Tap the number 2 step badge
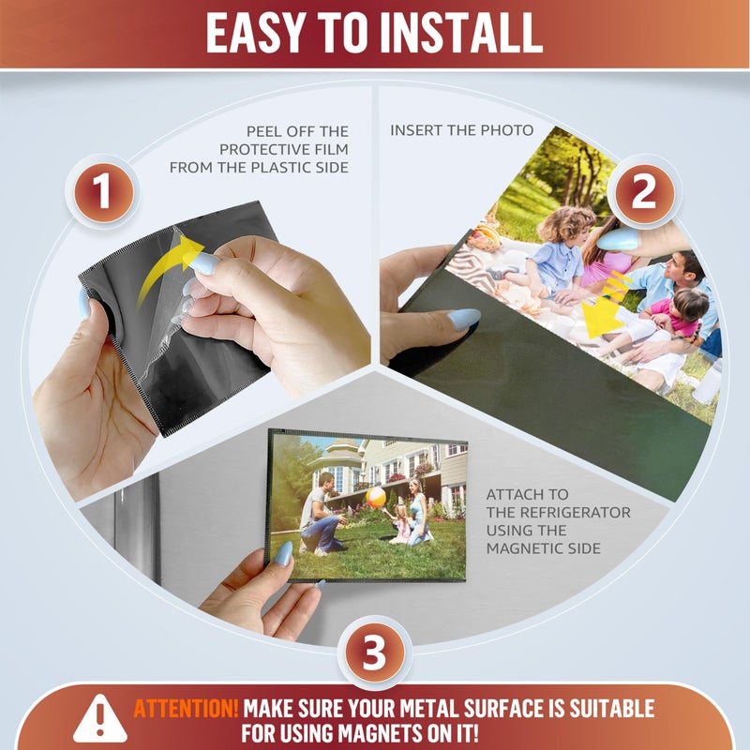644,193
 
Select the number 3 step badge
374,652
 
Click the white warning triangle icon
100,718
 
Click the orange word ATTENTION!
186,709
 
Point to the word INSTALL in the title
460,33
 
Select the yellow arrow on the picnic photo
604,307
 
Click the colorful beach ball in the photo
376,498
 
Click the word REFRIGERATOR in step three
575,512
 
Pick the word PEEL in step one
264,131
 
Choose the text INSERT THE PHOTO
461,130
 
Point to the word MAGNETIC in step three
524,548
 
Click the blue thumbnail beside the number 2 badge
618,239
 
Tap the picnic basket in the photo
484,236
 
